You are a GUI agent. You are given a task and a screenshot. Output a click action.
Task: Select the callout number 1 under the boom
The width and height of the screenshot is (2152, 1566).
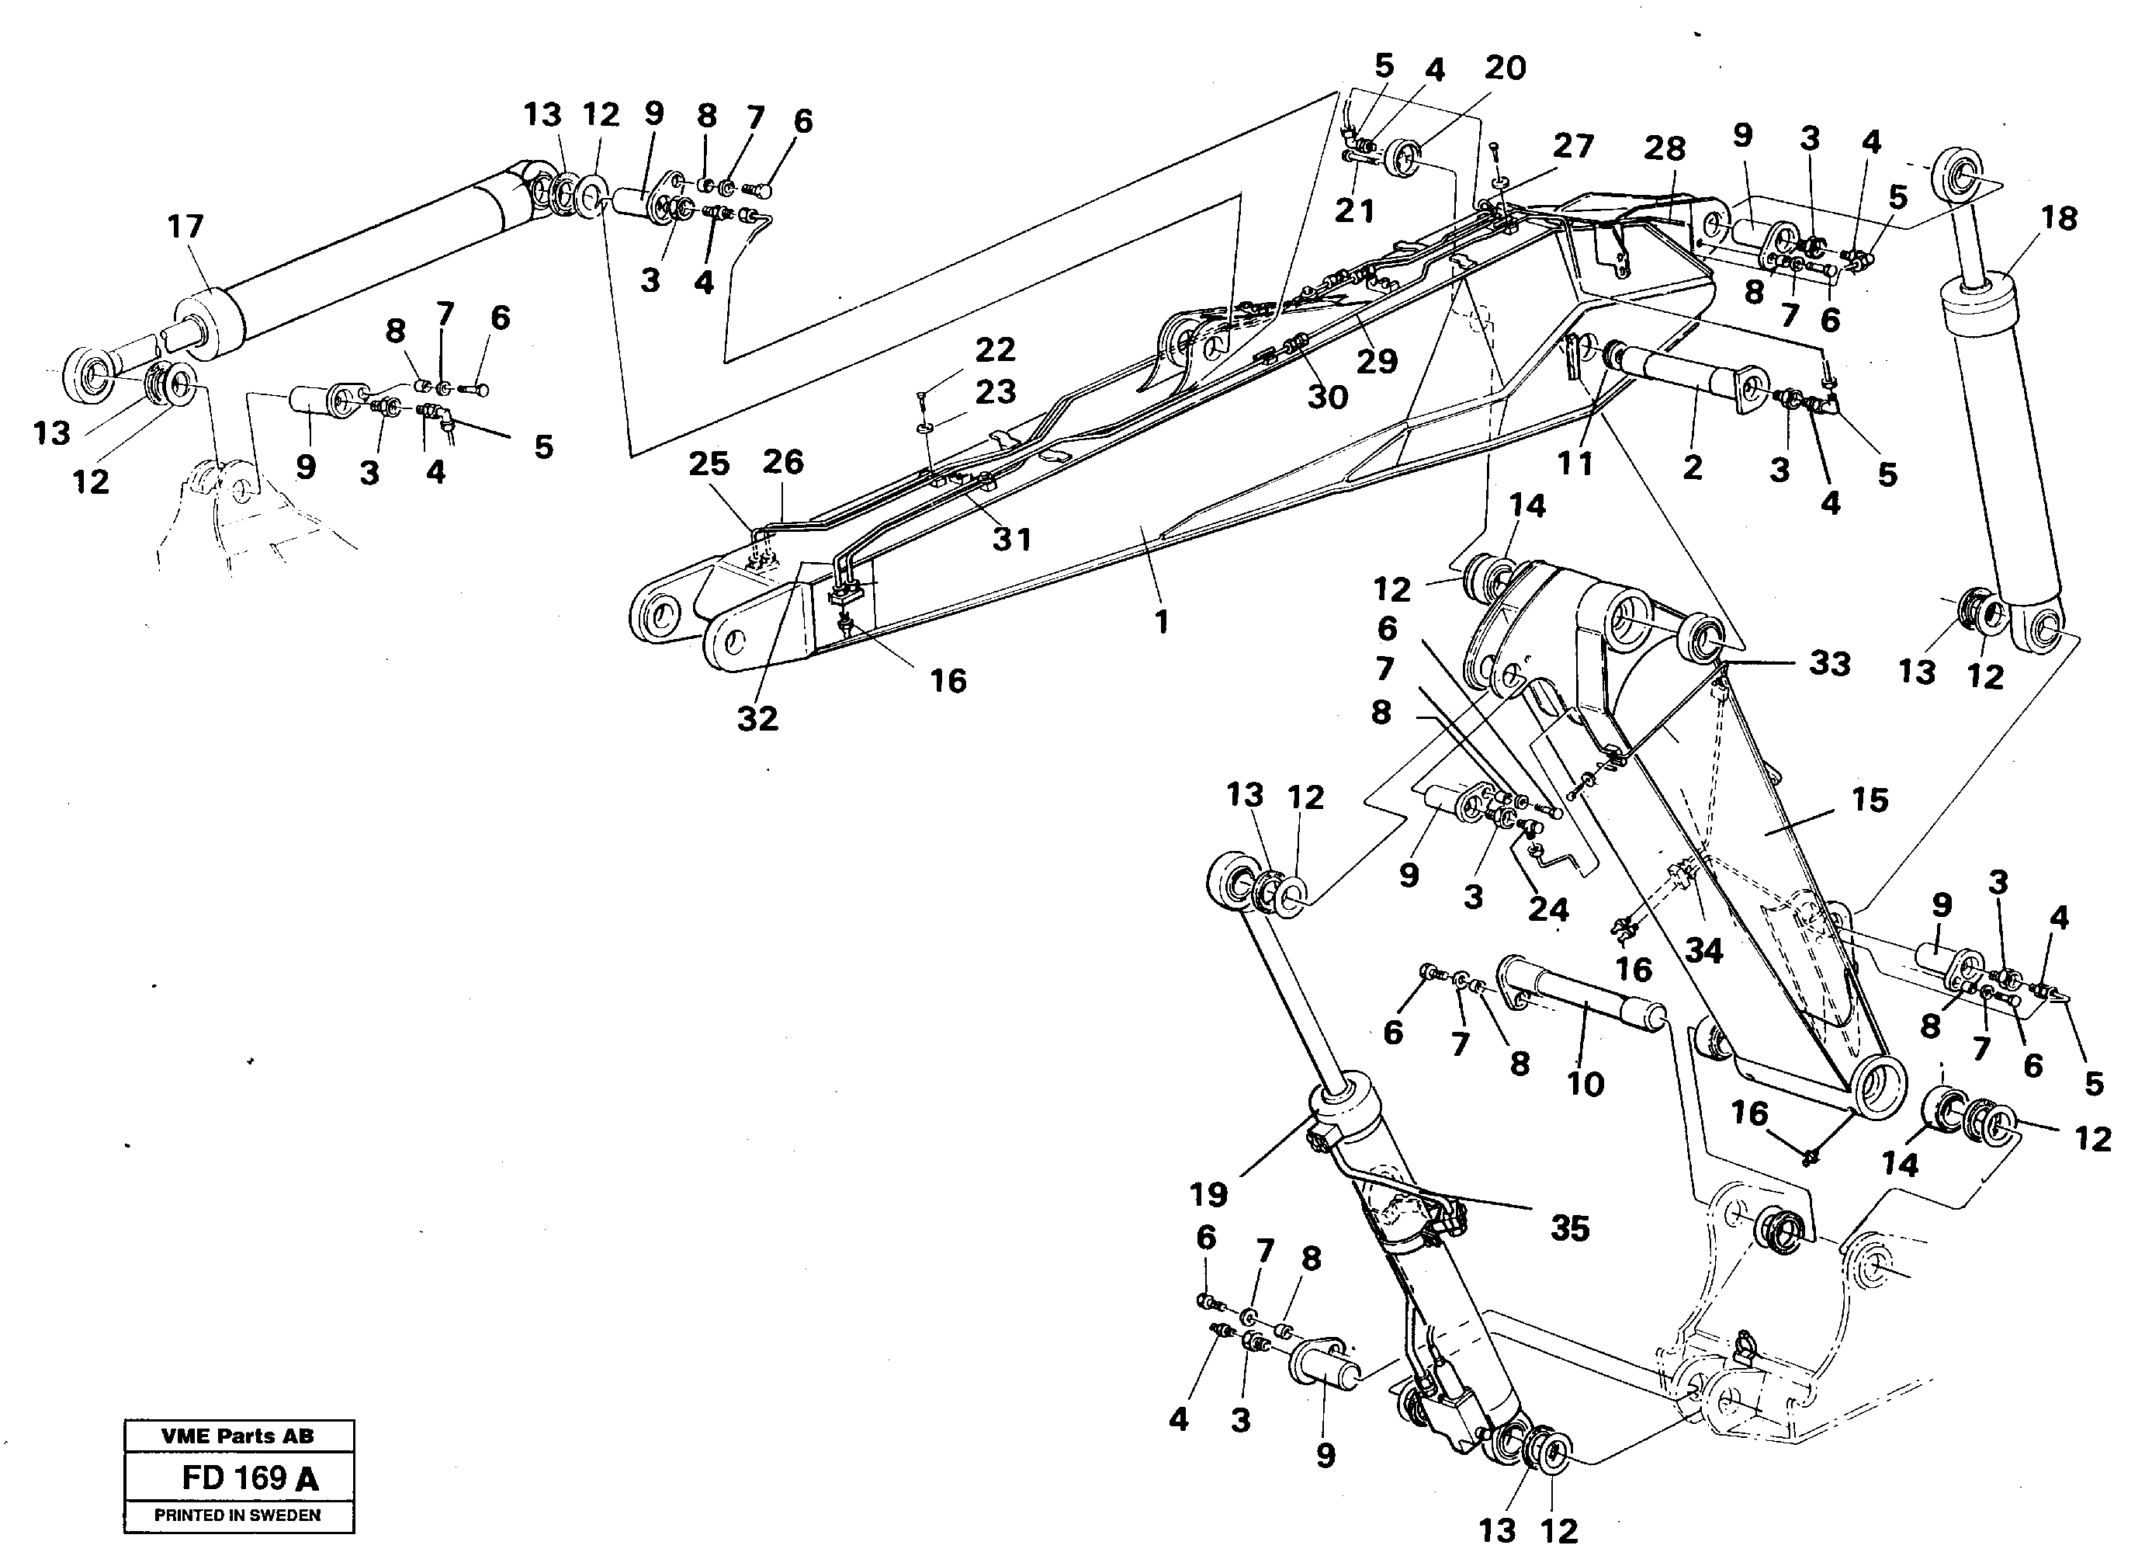pyautogui.click(x=1162, y=623)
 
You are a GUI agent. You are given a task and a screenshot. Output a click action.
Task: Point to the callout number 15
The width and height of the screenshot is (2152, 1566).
pyautogui.click(x=1870, y=800)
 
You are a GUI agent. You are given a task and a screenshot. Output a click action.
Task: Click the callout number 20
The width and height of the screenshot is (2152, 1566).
pyautogui.click(x=1505, y=68)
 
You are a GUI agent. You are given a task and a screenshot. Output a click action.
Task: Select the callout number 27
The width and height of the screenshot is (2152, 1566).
pyautogui.click(x=1573, y=146)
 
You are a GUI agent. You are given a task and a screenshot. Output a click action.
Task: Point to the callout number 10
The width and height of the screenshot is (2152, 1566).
pyautogui.click(x=1585, y=1084)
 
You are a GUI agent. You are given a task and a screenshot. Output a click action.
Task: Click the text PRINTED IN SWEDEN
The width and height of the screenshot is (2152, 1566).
pyautogui.click(x=237, y=1516)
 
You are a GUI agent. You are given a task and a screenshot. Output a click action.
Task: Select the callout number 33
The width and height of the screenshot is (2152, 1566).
pyautogui.click(x=1829, y=663)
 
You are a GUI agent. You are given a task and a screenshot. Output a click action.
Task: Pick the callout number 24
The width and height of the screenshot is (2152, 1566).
pyautogui.click(x=1548, y=910)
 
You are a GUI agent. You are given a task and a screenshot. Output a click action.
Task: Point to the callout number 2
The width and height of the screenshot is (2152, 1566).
pyautogui.click(x=1693, y=467)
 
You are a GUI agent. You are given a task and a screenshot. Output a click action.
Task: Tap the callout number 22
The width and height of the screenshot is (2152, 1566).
pyautogui.click(x=996, y=350)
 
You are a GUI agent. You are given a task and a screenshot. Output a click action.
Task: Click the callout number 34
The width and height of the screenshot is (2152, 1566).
pyautogui.click(x=1703, y=950)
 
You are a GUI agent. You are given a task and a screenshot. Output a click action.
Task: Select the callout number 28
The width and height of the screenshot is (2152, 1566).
pyautogui.click(x=1665, y=148)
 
